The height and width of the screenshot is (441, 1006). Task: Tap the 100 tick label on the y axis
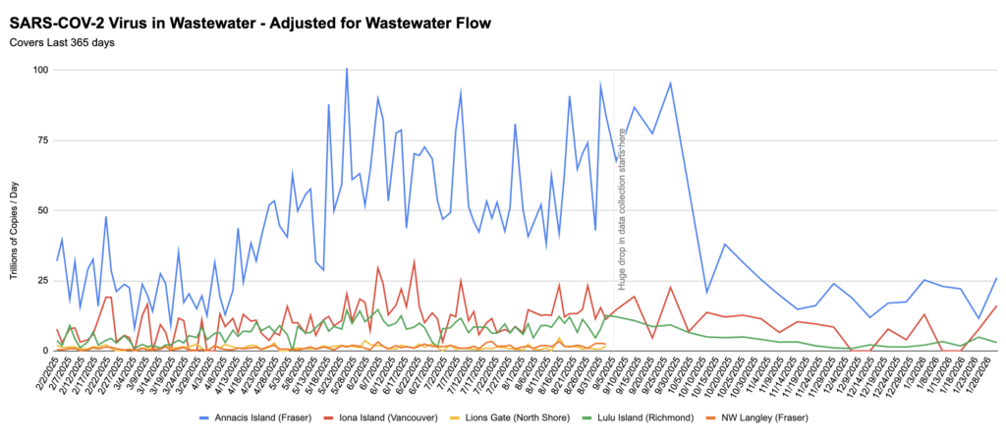39,70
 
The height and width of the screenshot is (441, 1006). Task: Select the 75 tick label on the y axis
42,140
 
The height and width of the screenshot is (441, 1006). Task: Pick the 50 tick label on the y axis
42,210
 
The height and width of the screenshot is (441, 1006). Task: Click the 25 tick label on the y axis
42,281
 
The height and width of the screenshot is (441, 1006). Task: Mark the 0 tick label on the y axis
45,351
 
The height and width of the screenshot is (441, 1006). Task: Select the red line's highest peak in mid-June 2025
415,261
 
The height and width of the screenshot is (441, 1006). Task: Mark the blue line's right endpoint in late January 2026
996,278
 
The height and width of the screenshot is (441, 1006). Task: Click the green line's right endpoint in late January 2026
996,342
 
